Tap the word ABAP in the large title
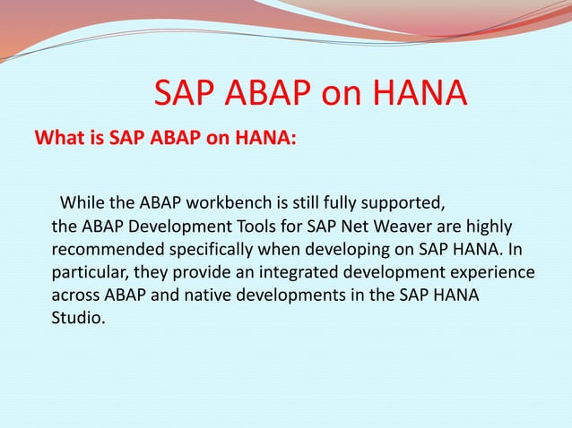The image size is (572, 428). pyautogui.click(x=269, y=94)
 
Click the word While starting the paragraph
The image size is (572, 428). pyautogui.click(x=82, y=198)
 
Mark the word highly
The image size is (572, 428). pyautogui.click(x=487, y=223)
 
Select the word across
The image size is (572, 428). pyautogui.click(x=75, y=295)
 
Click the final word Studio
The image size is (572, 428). pyautogui.click(x=78, y=320)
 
